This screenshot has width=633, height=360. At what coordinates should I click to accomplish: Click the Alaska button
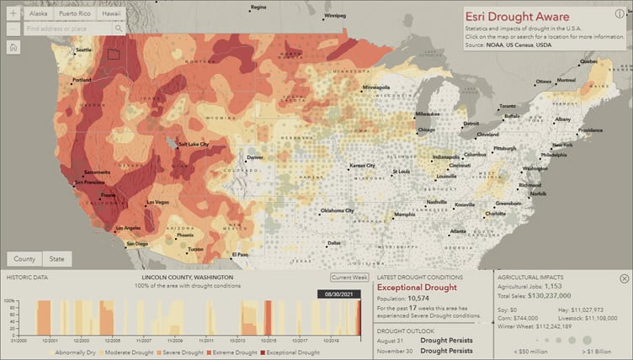coord(39,14)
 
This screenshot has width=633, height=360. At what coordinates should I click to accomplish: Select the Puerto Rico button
coord(73,14)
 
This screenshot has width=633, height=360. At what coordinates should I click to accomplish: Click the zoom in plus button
coord(13,14)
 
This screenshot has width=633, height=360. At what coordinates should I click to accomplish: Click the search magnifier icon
coord(118,29)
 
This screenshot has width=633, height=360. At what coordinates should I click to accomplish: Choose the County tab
coord(24,259)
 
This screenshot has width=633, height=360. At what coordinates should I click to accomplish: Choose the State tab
coord(56,259)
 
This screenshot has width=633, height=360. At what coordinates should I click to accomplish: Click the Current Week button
coord(348,277)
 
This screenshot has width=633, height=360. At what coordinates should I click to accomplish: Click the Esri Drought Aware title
coord(517,17)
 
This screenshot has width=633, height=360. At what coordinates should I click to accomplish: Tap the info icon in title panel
coord(620,14)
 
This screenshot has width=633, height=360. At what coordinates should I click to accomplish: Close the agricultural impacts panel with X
coord(624,278)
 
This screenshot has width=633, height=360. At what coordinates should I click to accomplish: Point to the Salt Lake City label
coord(199,145)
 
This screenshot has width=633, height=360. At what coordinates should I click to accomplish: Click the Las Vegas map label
coord(158,202)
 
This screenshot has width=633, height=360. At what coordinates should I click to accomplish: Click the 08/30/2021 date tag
coord(339,294)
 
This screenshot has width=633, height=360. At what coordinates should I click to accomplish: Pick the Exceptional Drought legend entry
coord(294,352)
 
